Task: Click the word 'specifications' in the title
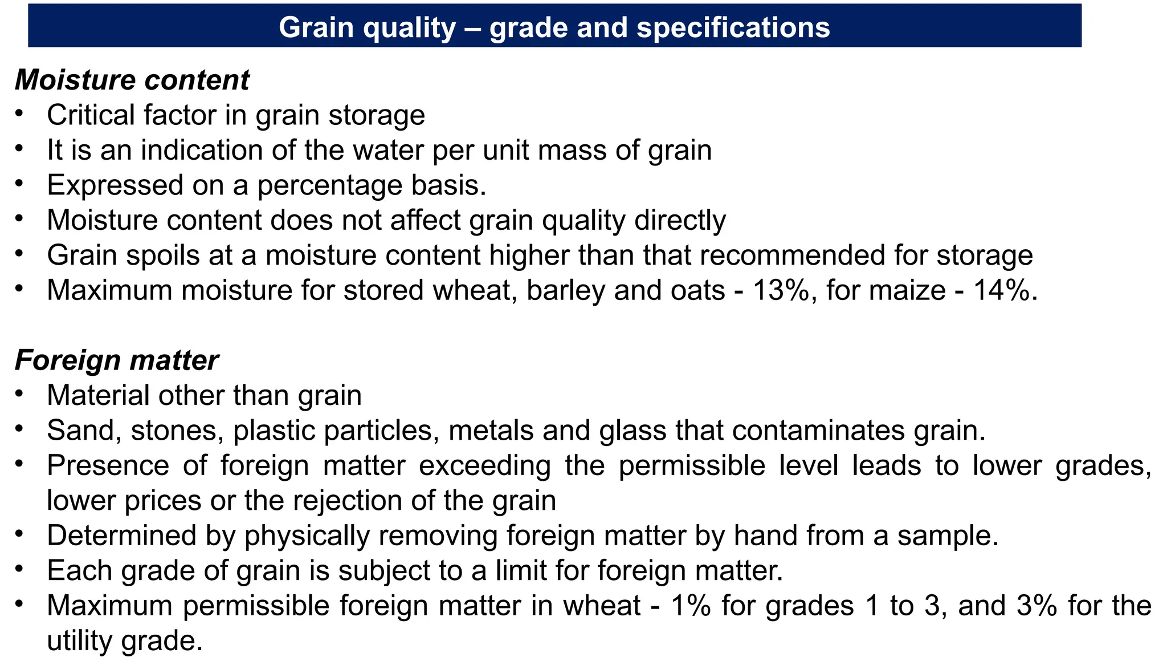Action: click(733, 27)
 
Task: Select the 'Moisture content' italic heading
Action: click(132, 80)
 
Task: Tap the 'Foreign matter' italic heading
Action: click(116, 360)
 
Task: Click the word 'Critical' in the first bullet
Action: click(91, 115)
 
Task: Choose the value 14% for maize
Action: click(1002, 290)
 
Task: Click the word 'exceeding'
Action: click(485, 466)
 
